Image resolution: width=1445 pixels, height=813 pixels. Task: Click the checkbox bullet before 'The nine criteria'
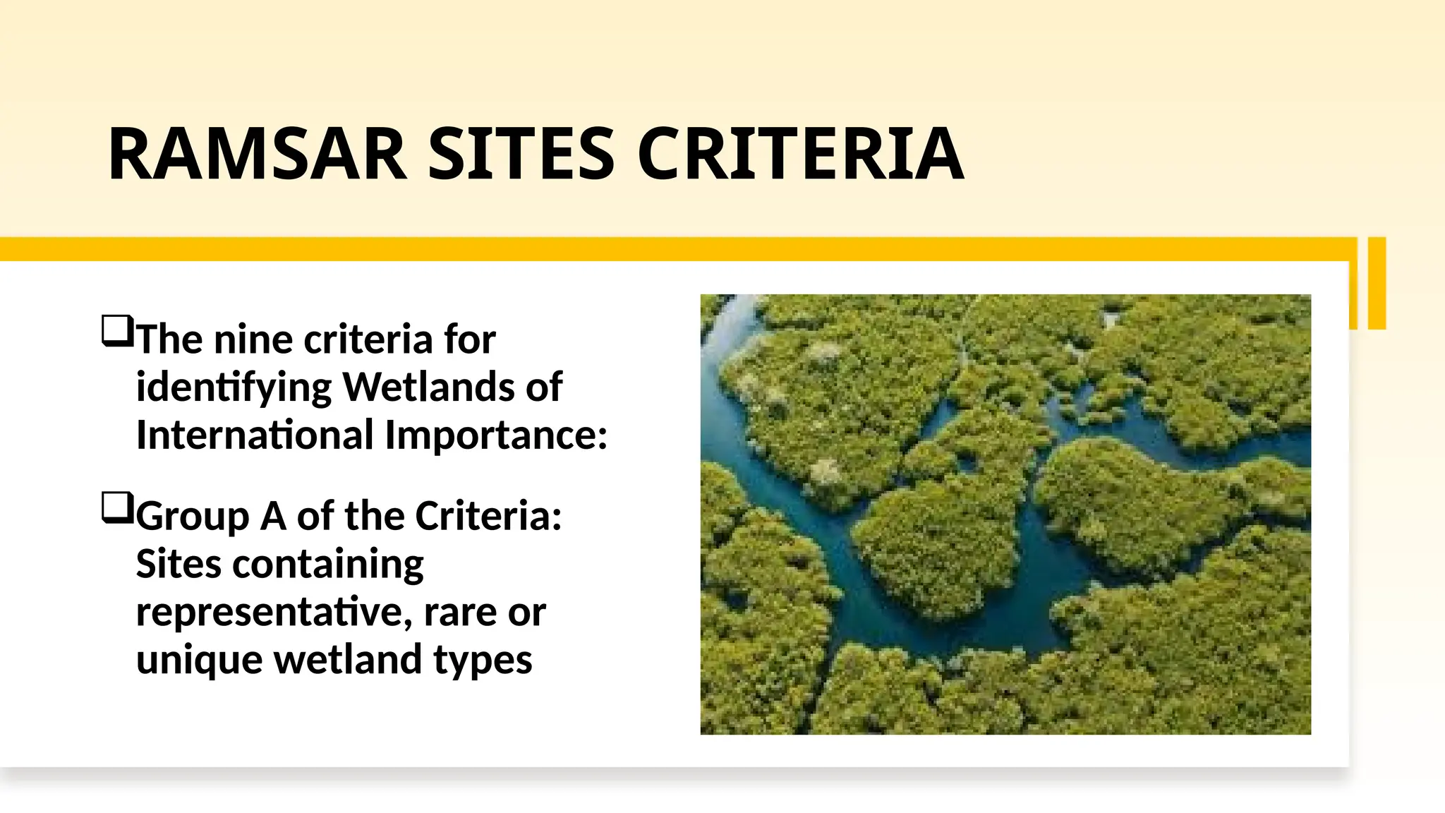point(117,331)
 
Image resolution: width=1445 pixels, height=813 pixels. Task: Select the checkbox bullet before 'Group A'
point(117,507)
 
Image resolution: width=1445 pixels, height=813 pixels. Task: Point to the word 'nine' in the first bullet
point(253,339)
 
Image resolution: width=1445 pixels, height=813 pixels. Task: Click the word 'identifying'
point(234,387)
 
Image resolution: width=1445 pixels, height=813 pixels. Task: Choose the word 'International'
point(255,435)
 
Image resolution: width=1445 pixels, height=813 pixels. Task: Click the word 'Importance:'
point(496,435)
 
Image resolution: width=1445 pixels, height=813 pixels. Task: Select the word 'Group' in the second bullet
point(193,516)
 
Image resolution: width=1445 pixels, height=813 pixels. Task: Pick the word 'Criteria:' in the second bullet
point(488,516)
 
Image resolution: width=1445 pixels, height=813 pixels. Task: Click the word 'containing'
point(327,564)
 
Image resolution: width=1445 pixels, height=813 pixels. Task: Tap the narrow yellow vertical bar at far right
point(1377,283)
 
